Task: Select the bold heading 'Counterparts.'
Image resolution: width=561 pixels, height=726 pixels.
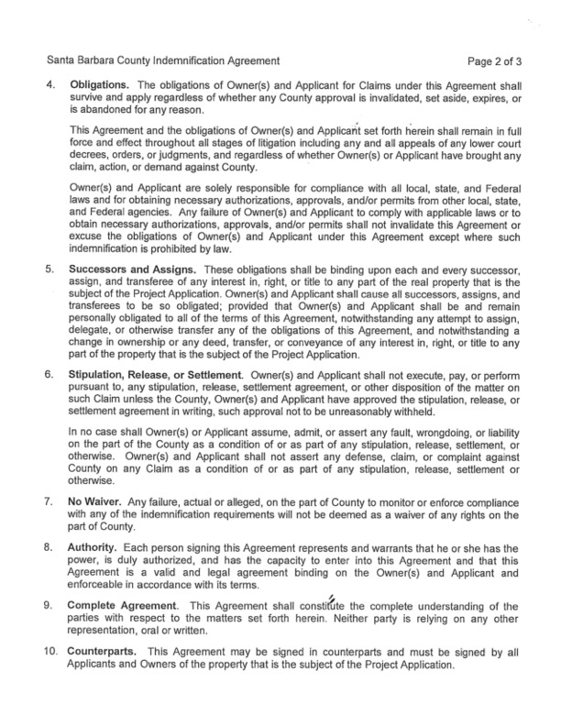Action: pyautogui.click(x=106, y=652)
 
